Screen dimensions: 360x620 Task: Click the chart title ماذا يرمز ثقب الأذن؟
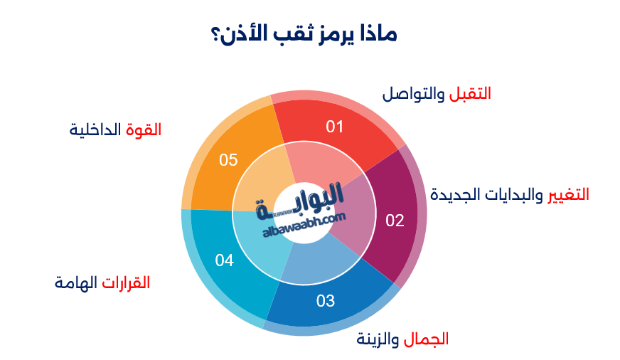click(309, 33)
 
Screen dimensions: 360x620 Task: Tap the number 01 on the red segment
click(335, 127)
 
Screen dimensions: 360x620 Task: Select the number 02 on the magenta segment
click(395, 221)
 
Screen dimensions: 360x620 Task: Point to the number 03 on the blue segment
click(326, 301)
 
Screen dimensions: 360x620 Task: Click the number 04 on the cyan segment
click(225, 260)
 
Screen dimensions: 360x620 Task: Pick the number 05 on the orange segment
click(228, 159)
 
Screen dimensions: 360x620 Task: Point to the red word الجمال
click(427, 339)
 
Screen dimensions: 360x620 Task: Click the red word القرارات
click(126, 282)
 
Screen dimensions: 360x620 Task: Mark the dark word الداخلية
click(96, 129)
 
